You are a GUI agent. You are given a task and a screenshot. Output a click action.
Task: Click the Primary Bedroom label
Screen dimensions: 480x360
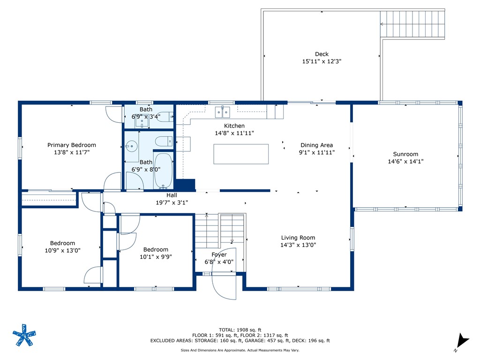coord(72,145)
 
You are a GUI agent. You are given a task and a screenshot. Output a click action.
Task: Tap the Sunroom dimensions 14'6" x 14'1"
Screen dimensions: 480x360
coord(405,161)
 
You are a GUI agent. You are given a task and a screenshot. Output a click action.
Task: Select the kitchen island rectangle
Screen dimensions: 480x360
coord(241,154)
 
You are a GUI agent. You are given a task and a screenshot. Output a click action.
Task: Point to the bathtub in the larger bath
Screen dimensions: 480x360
coord(163,171)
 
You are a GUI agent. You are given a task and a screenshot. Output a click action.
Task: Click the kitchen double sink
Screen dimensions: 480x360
coord(223,112)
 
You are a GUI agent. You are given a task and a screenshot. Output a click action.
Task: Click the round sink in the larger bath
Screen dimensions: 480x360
coord(132,146)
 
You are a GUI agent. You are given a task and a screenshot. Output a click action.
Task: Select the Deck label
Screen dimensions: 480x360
coord(322,54)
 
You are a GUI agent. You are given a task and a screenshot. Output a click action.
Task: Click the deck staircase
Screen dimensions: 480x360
coord(412,24)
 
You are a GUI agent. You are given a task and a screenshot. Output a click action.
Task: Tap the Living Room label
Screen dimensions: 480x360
coord(298,238)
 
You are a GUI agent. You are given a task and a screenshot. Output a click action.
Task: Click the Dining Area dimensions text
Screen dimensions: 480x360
coord(317,152)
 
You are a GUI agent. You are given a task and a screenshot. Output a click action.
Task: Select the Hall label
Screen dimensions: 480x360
coord(172,195)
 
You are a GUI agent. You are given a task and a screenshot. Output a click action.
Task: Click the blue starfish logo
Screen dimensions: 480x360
coord(24,335)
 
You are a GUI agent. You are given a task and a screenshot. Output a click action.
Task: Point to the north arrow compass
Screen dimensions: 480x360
coord(462,341)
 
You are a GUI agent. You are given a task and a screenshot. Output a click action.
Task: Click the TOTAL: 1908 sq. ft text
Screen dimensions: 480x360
coord(240,330)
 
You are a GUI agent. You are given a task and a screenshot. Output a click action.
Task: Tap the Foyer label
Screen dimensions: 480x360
coord(219,255)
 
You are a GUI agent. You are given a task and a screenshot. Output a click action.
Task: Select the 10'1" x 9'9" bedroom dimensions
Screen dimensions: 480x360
coord(156,257)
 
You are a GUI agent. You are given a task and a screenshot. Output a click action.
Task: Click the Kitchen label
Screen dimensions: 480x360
coord(234,126)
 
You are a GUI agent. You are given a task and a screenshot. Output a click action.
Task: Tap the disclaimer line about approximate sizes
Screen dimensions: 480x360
coord(240,350)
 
